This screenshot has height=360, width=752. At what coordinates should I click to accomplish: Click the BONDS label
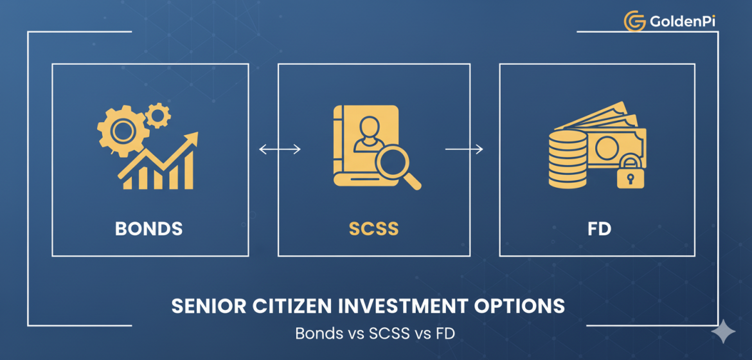(x=148, y=228)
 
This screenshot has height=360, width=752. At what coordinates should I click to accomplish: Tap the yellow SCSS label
(x=373, y=228)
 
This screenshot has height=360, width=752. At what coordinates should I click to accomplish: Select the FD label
(x=599, y=228)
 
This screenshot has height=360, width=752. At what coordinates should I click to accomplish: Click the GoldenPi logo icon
(x=634, y=21)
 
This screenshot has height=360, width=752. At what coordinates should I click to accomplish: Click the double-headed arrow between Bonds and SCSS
(x=280, y=150)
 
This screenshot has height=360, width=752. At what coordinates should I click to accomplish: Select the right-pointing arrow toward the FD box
(x=464, y=150)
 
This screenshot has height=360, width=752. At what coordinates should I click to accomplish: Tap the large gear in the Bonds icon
(x=121, y=131)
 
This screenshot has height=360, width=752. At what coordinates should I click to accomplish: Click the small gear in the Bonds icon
(x=157, y=116)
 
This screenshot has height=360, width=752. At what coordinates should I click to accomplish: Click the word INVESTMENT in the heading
(x=424, y=306)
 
